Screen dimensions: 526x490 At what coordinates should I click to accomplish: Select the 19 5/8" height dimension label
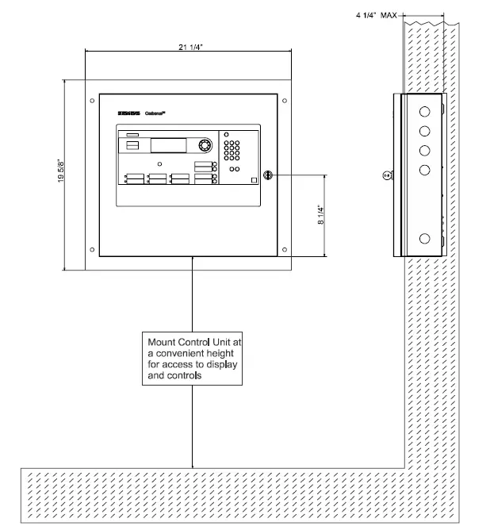pos(62,175)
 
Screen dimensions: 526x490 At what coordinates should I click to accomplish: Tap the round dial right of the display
pos(205,146)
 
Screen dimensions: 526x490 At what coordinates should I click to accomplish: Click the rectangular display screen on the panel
pos(171,146)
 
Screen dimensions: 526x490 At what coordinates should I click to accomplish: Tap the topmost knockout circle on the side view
pos(425,108)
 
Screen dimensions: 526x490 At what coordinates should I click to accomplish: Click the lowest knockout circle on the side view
pos(425,238)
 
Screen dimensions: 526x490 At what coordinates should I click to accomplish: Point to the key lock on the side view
pos(387,175)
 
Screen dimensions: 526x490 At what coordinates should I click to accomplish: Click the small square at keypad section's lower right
pos(252,180)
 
